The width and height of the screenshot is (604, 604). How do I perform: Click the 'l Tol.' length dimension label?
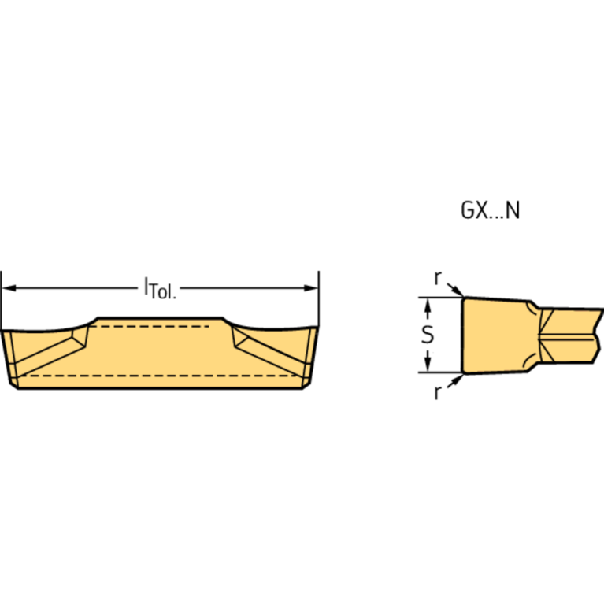pyautogui.click(x=160, y=289)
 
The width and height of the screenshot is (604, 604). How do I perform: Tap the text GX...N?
pyautogui.click(x=490, y=211)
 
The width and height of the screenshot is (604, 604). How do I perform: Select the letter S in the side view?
pyautogui.click(x=427, y=335)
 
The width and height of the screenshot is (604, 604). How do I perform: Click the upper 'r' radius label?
pyautogui.click(x=438, y=277)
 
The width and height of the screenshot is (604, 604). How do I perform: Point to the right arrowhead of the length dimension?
pyautogui.click(x=311, y=288)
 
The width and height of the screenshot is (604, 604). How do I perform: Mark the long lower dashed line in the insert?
pyautogui.click(x=157, y=376)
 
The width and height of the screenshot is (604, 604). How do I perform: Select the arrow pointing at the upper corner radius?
pyautogui.click(x=455, y=291)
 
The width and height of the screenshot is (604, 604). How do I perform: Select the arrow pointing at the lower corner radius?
pyautogui.click(x=455, y=380)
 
